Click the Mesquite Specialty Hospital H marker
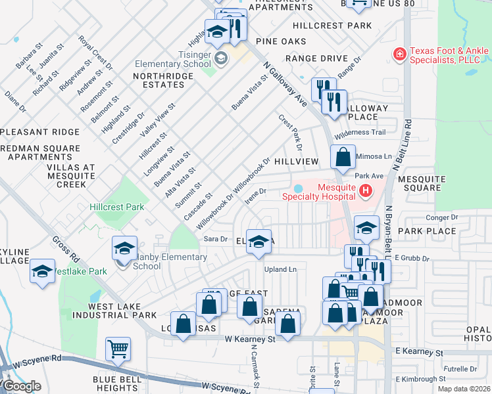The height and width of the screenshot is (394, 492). (x=366, y=191)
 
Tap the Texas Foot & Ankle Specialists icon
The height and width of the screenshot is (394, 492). (x=399, y=53)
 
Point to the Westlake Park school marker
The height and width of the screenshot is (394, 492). (x=42, y=271)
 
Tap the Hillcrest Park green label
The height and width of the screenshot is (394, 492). (x=116, y=207)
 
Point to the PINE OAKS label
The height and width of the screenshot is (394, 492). (x=281, y=41)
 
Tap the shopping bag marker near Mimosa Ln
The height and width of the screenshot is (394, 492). (x=343, y=158)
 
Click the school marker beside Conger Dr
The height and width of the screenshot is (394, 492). (x=366, y=228)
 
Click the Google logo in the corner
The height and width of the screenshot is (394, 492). (x=21, y=386)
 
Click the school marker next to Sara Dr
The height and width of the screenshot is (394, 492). (x=259, y=242)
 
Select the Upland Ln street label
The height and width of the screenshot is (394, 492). (x=281, y=269)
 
